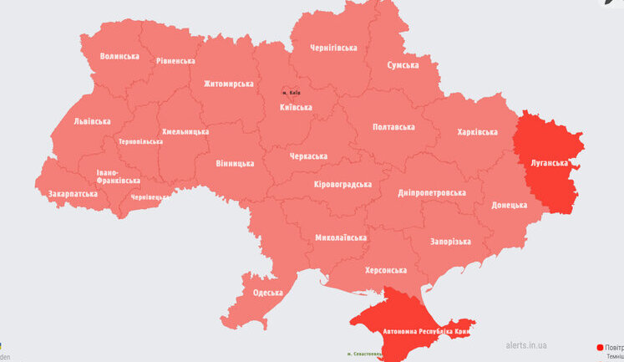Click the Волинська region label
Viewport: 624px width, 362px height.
pyautogui.click(x=119, y=56)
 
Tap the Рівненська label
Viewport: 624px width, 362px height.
pyautogui.click(x=174, y=61)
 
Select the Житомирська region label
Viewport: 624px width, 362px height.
pyautogui.click(x=230, y=84)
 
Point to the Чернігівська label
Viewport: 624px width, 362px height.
pyautogui.click(x=333, y=48)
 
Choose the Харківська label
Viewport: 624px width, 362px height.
pyautogui.click(x=477, y=132)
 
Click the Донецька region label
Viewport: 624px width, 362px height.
pyautogui.click(x=509, y=205)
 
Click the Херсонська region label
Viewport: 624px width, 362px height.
pyautogui.click(x=386, y=270)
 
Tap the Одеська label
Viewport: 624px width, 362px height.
pyautogui.click(x=268, y=293)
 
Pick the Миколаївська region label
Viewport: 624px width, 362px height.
pyautogui.click(x=341, y=237)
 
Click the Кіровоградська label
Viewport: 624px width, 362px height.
pyautogui.click(x=342, y=184)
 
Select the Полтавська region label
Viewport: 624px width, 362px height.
pyautogui.click(x=393, y=127)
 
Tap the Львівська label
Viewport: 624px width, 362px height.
pyautogui.click(x=92, y=121)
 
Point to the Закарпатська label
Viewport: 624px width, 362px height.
pyautogui.click(x=73, y=194)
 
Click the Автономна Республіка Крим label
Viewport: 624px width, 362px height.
pyautogui.click(x=428, y=332)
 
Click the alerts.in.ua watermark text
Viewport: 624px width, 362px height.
pyautogui.click(x=526, y=344)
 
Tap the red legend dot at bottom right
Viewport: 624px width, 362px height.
pyautogui.click(x=600, y=346)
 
